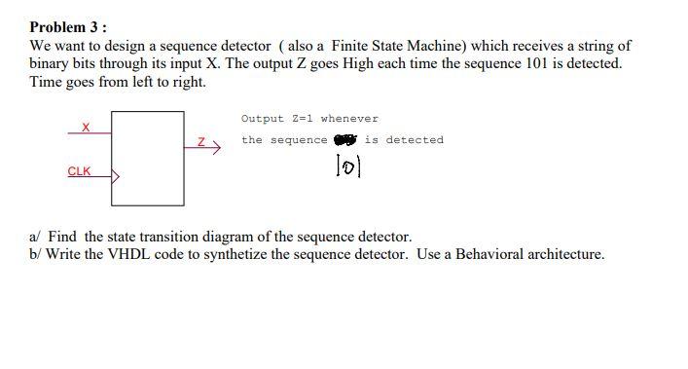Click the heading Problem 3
tap(68, 27)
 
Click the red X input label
tap(86, 127)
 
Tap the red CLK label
tap(79, 171)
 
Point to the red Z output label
tap(201, 142)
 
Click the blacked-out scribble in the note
tap(345, 139)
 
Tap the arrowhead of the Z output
tap(217, 147)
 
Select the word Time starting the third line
tap(47, 82)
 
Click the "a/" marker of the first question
tap(37, 237)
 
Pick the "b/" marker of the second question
tap(37, 254)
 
